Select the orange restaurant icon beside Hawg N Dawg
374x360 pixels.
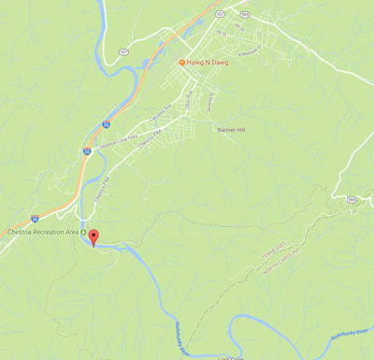click(183, 62)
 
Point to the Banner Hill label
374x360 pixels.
click(233, 130)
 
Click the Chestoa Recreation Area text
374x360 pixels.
click(42, 232)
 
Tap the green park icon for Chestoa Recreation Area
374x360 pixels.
click(83, 232)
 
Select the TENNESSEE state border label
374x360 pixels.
click(272, 245)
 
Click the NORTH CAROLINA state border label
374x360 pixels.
click(281, 255)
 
